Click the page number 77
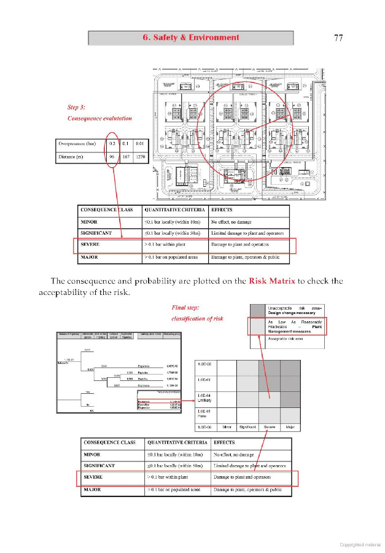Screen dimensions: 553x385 [338, 37]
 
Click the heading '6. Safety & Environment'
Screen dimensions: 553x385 [191, 37]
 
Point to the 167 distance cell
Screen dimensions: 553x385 [126, 157]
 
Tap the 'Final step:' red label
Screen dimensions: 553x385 [185, 307]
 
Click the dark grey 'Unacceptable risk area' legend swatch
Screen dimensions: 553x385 [257, 310]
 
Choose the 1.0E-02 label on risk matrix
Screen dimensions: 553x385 [205, 364]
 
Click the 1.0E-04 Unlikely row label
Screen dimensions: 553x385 [205, 398]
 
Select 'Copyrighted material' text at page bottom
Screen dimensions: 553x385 [360, 544]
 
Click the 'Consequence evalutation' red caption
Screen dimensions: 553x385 [99, 118]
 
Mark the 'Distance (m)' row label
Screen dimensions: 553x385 [72, 157]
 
